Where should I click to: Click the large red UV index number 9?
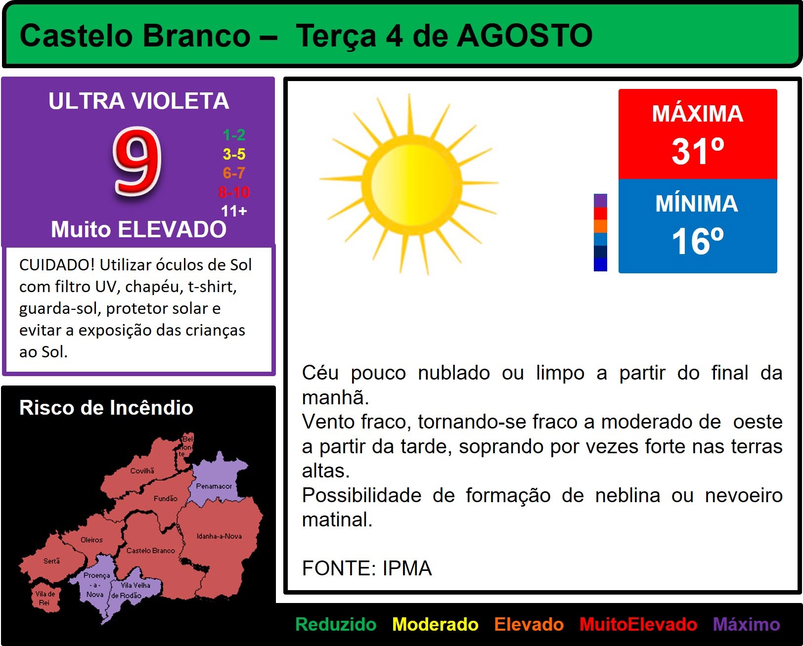(137, 161)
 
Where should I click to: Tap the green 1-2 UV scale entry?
(234, 134)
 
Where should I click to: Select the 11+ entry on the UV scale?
(234, 211)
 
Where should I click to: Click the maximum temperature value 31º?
(698, 151)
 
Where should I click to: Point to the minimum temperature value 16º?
(698, 241)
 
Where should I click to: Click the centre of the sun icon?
(412, 184)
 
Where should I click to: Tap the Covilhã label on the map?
(142, 471)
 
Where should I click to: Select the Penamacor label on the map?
(214, 486)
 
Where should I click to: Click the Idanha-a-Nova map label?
(219, 536)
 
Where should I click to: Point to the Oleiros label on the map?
(91, 540)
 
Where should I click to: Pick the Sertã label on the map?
(51, 560)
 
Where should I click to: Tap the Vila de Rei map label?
(45, 598)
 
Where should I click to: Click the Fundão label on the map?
(165, 498)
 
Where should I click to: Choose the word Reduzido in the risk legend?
(336, 624)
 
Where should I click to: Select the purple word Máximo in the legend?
(746, 624)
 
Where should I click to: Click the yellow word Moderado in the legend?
(435, 624)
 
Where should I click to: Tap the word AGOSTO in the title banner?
(525, 36)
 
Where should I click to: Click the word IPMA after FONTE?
(407, 568)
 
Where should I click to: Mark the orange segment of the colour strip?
(600, 226)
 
